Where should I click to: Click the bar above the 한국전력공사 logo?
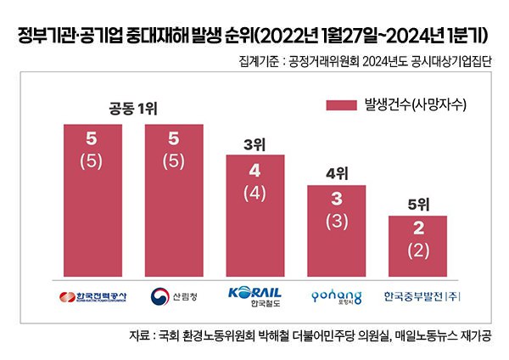[x=92, y=200]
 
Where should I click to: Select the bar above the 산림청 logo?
[x=174, y=200]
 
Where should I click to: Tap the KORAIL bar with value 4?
[x=255, y=216]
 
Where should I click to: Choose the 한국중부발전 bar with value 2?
[x=417, y=246]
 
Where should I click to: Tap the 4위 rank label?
[x=337, y=173]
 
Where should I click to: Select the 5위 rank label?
[x=417, y=204]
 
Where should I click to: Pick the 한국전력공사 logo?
[x=92, y=296]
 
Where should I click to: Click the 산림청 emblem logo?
[x=173, y=296]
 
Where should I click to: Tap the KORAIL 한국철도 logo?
[x=255, y=295]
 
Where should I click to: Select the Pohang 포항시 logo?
[x=335, y=296]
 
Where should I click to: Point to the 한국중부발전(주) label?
[x=417, y=296]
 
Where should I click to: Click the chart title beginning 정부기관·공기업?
[x=255, y=36]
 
